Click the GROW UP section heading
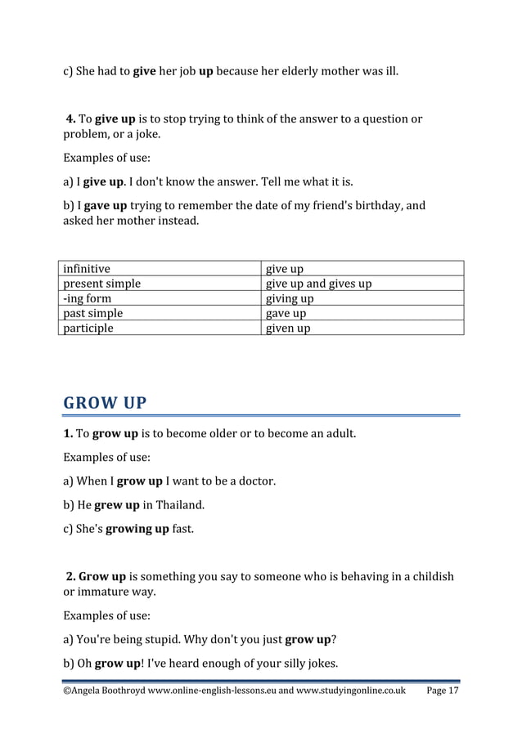coord(105,403)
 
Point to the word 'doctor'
coord(254,481)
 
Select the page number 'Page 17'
coord(443,691)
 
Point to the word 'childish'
coord(430,576)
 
